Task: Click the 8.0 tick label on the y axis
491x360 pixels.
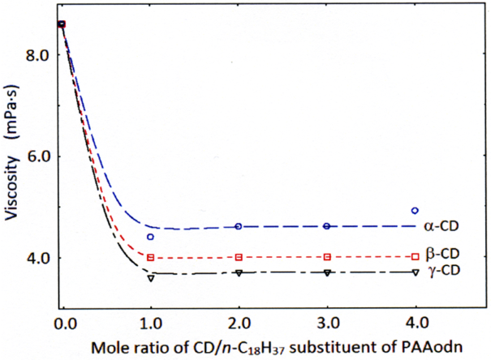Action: [40, 55]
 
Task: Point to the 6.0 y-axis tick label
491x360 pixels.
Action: [40, 156]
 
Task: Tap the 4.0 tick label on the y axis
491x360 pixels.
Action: [40, 258]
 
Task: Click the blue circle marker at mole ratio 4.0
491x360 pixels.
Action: [415, 211]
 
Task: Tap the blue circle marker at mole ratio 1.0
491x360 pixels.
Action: [150, 237]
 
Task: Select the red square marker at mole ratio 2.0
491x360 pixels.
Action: [239, 257]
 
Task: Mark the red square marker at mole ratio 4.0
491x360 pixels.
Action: [415, 257]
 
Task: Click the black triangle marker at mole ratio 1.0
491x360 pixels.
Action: [150, 278]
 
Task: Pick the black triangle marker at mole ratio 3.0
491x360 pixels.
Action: [326, 273]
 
